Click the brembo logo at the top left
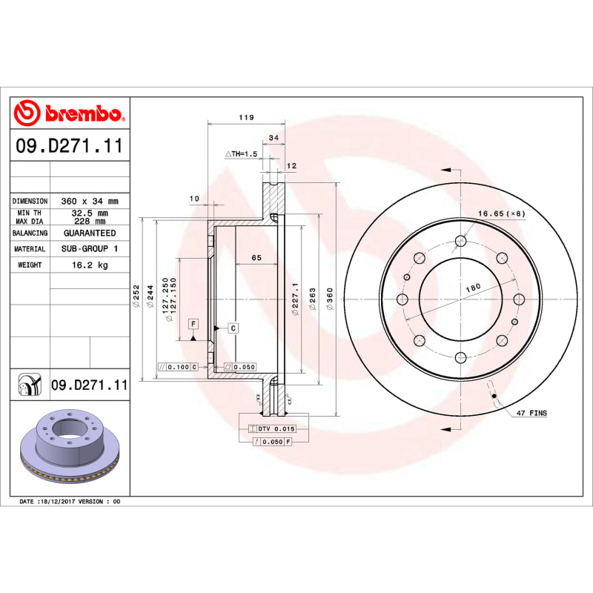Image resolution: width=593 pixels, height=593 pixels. (x=68, y=113)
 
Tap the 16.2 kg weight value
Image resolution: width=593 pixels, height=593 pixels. (x=90, y=265)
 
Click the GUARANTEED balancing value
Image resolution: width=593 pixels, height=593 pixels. (x=90, y=233)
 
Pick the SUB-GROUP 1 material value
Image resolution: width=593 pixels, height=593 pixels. (x=90, y=249)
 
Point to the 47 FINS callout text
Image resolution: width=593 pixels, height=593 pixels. (x=531, y=412)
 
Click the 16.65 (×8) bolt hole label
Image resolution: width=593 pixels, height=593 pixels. (x=500, y=213)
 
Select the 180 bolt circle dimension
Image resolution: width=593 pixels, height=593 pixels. (x=472, y=287)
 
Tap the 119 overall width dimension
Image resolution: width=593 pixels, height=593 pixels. (x=246, y=118)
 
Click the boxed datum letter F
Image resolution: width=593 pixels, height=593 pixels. (x=193, y=324)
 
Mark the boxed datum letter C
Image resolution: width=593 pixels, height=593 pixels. (x=232, y=328)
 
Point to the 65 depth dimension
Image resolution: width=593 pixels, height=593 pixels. (x=256, y=258)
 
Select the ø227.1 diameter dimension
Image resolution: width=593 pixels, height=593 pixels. (x=294, y=300)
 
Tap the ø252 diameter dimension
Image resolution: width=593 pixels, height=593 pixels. (x=136, y=296)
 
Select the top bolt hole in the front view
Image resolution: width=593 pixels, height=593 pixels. (x=460, y=240)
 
